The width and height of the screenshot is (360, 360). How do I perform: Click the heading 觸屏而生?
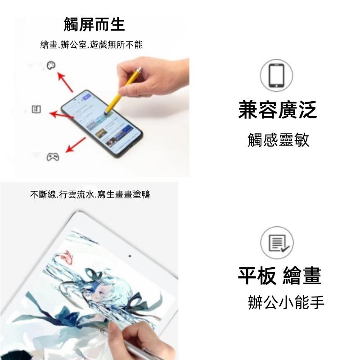pos(94,24)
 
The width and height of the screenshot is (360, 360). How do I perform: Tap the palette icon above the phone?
pos(51,66)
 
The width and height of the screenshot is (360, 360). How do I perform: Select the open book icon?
pos(36,109)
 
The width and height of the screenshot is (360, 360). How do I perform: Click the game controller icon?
pos(53,157)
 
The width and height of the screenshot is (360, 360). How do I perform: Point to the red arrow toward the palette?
pos(65,83)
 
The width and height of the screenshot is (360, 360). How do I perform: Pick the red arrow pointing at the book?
pos(62,115)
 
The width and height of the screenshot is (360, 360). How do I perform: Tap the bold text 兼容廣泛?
pos(278,110)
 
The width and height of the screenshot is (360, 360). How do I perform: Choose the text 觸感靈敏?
pos(279,140)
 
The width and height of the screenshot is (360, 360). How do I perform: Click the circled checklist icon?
pos(277,243)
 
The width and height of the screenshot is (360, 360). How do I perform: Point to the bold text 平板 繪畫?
pos(279,275)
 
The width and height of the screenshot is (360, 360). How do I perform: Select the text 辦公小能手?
pos(286,302)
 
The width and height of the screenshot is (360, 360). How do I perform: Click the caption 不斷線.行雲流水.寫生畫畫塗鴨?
pos(90,195)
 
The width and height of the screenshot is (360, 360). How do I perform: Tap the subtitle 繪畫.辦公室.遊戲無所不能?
pos(91,45)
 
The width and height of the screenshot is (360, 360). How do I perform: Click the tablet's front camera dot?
pos(130,256)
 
